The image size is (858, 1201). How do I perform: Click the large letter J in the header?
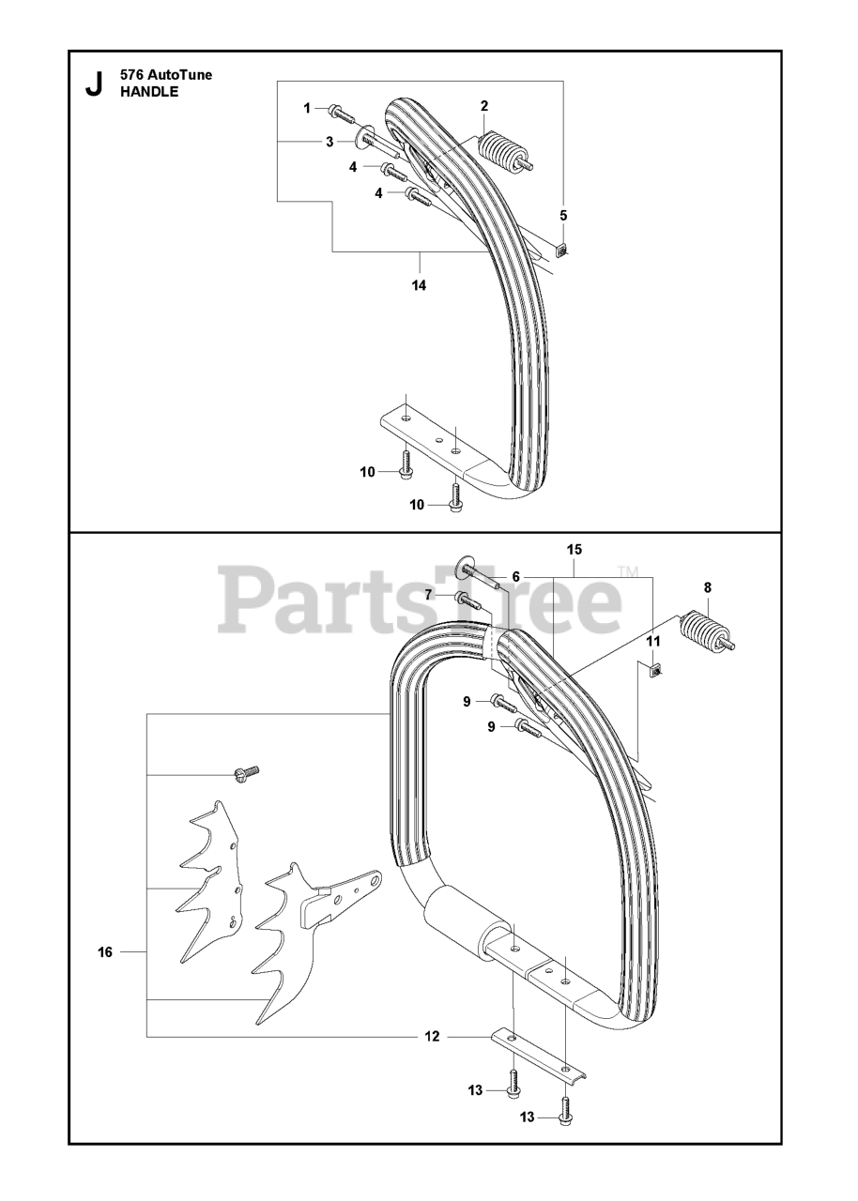[x=93, y=84]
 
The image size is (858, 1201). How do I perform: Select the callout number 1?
[x=307, y=109]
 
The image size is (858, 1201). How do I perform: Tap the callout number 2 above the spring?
[x=484, y=105]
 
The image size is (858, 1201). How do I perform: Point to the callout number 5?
[x=563, y=215]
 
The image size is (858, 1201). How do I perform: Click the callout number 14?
[x=419, y=285]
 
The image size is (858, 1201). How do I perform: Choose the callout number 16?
[x=105, y=952]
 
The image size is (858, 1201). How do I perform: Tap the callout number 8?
[x=708, y=587]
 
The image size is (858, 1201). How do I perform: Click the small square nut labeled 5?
[x=561, y=250]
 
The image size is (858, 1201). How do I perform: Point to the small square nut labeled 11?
[x=653, y=669]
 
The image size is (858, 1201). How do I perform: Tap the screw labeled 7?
[x=465, y=600]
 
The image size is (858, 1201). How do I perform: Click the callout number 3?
[x=329, y=142]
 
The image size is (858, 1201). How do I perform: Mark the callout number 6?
[x=515, y=576]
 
